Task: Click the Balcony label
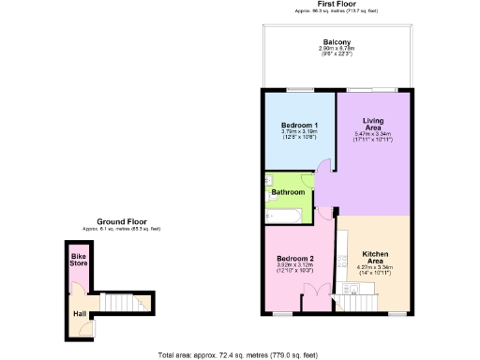[x=337, y=43]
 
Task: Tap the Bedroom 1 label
[x=300, y=125]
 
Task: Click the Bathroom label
[x=288, y=192]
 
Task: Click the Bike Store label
[x=78, y=260]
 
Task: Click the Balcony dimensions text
[x=337, y=54]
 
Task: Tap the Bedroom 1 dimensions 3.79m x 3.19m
[x=300, y=134]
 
